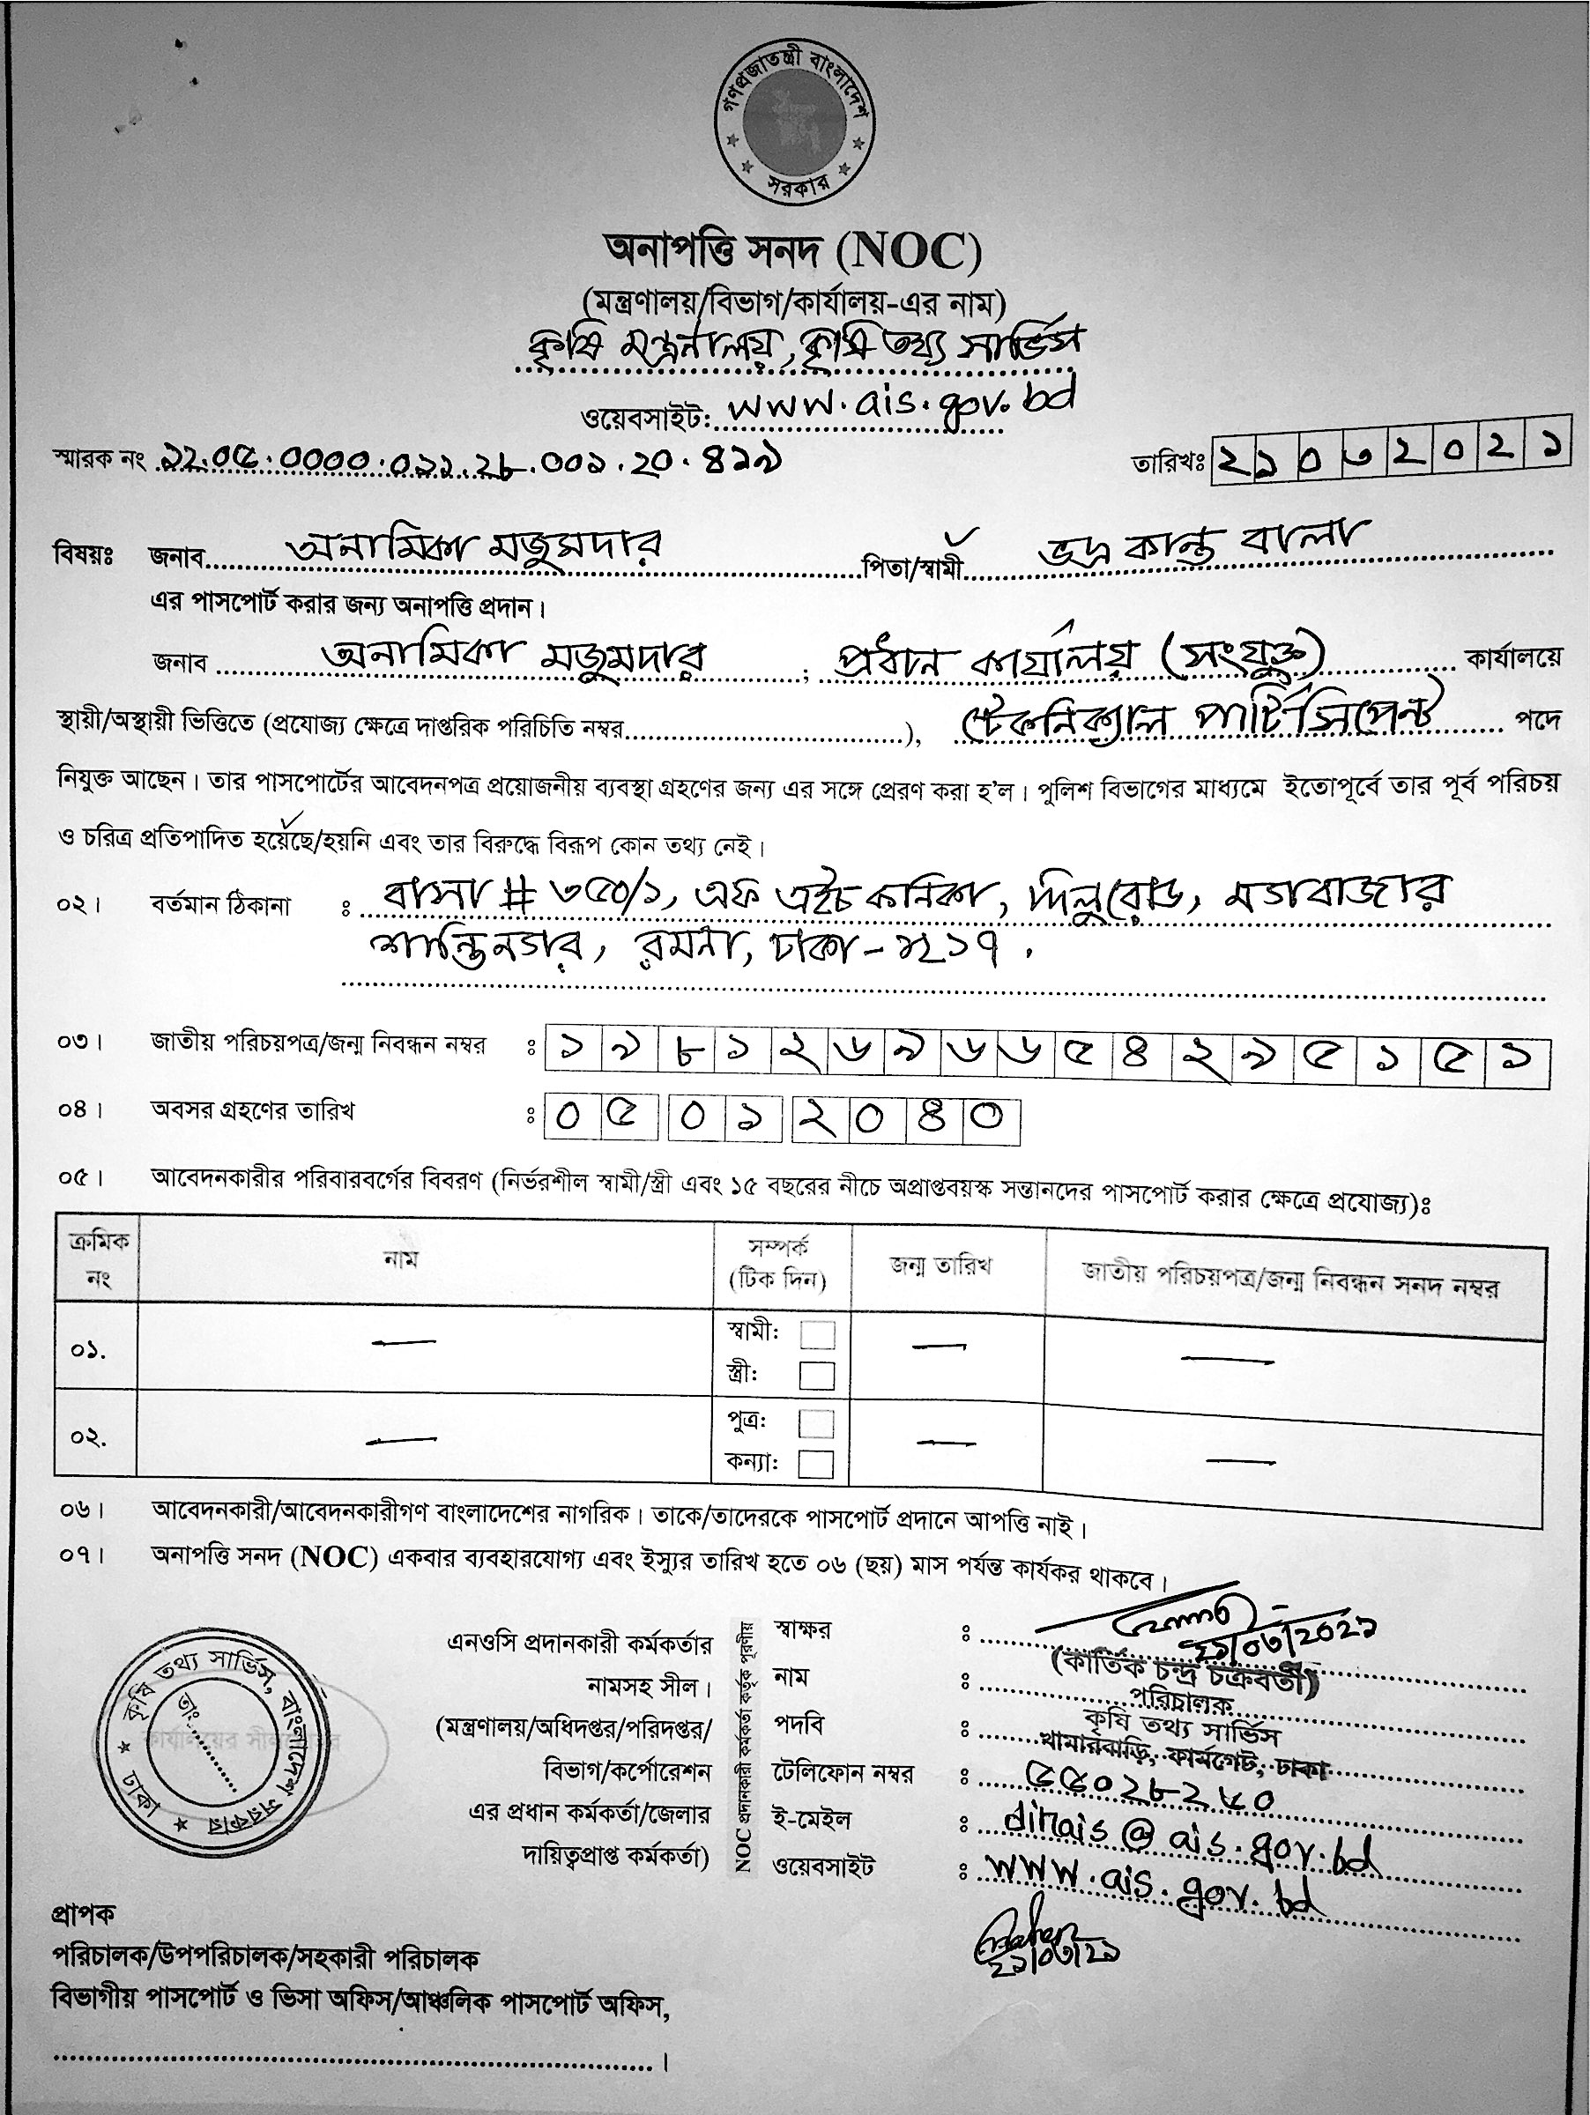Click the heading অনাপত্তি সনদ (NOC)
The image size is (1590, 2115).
[792, 251]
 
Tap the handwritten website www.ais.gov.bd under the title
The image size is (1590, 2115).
[899, 405]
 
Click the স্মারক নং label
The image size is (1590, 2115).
[99, 463]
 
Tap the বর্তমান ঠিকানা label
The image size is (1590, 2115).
[220, 904]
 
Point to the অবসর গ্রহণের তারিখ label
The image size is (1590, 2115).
[252, 1111]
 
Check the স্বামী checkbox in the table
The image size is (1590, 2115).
[816, 1335]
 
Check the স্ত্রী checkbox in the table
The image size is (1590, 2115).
[816, 1376]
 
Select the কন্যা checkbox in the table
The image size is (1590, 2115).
[815, 1464]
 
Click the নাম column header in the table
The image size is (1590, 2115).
[402, 1259]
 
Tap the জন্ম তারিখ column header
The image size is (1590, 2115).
[940, 1266]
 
